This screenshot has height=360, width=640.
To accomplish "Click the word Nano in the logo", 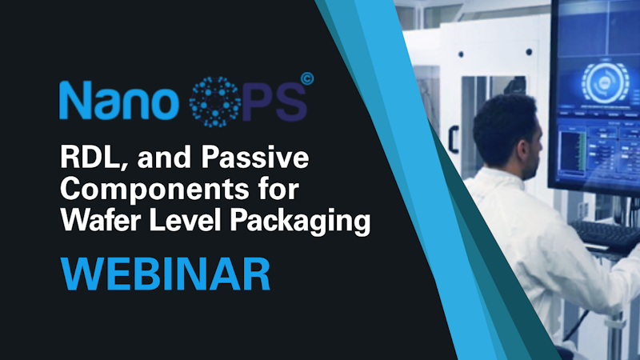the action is point(119,100).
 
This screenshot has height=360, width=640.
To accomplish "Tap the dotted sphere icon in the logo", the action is point(215,102).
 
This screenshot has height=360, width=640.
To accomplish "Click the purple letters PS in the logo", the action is point(274,102).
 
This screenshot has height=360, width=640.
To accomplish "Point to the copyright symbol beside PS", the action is point(307,78).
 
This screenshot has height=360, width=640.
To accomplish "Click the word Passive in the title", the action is point(255,157).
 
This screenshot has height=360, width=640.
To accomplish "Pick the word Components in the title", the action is point(154,189).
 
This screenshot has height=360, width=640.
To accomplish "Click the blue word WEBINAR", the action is point(166,274).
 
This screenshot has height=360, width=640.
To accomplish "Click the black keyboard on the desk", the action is point(606,235).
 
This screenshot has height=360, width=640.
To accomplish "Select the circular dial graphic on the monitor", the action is point(605,82).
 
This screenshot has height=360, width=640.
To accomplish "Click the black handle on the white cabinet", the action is point(453,139).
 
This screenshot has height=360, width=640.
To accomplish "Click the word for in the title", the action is point(278,189).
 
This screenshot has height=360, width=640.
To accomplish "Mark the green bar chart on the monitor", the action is point(573,151).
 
